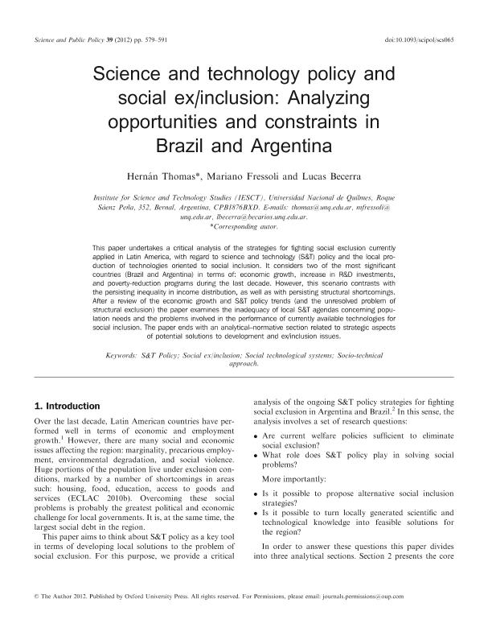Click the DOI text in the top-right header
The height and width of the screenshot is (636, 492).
[x=420, y=39]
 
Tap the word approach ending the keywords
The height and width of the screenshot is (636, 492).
[x=244, y=364]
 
